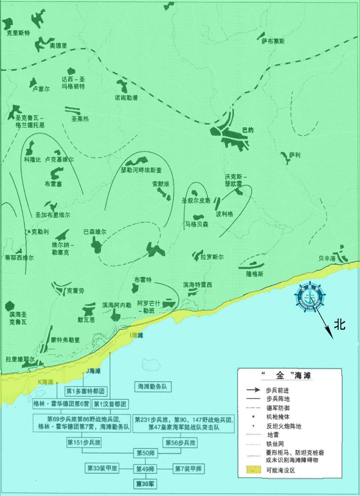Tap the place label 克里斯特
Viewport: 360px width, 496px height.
pos(18,33)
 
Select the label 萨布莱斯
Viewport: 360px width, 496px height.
pos(273,41)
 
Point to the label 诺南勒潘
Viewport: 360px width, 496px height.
pos(126,98)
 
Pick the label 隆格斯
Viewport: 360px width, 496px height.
pos(255,274)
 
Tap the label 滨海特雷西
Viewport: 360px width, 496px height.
pos(197,285)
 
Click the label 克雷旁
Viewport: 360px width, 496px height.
pos(75,290)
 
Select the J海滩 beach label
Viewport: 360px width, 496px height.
pos(93,370)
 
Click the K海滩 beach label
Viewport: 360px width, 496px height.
pos(46,382)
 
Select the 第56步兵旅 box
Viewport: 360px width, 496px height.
pos(180,443)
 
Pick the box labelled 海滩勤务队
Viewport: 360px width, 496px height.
pos(152,387)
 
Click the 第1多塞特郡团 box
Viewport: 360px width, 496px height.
pos(86,391)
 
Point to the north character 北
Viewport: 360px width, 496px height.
pos(340,324)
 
